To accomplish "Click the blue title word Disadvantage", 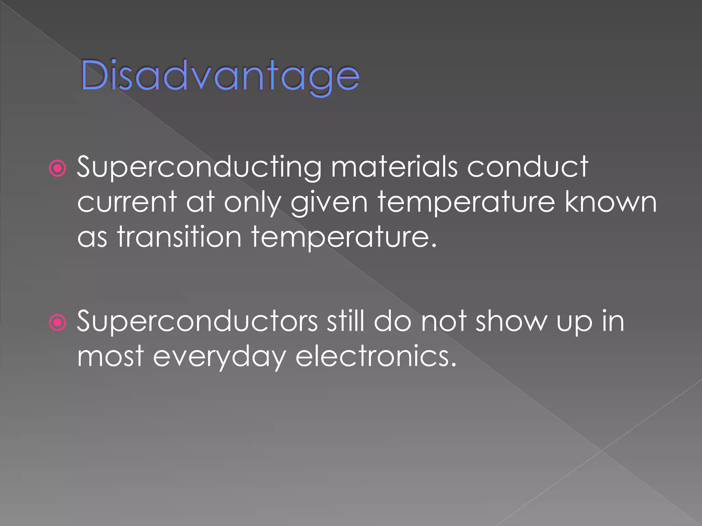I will point(220,76).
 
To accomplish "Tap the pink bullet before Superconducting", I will point(57,168).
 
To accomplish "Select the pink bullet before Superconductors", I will point(57,323).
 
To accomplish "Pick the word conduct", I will point(528,167).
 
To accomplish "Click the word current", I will point(127,202).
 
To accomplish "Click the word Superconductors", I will point(197,321).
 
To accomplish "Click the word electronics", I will point(376,356).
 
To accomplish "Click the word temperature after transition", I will point(344,237).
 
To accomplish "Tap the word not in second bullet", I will point(444,321).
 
